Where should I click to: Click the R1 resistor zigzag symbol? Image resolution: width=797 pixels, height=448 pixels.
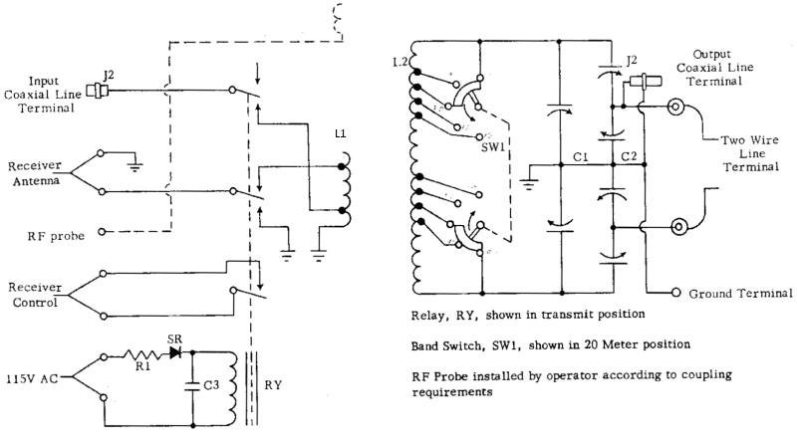point(142,354)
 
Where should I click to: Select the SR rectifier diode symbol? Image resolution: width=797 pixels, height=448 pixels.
point(176,351)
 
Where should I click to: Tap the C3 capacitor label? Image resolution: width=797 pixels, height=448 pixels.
point(211,385)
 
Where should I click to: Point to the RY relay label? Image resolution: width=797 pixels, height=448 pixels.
point(273,385)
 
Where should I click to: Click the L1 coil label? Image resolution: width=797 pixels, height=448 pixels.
point(340,133)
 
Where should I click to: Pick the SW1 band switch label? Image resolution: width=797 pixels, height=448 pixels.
point(493,147)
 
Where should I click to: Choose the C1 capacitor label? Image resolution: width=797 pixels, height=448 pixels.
point(581,157)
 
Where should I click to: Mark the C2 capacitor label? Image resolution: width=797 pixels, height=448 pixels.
point(629,156)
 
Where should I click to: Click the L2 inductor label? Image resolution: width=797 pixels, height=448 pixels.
point(400,62)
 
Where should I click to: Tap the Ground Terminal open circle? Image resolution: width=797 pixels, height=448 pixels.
point(676,292)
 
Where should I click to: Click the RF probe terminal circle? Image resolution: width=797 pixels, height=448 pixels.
point(102,232)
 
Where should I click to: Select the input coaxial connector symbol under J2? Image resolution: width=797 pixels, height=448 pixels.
point(97,91)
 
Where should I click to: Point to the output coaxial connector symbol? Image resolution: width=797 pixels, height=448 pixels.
point(645,81)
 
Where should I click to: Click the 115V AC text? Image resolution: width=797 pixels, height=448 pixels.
point(32,379)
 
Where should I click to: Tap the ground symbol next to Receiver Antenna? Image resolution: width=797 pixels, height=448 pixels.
point(134,166)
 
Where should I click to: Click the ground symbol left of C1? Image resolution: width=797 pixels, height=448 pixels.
point(529,184)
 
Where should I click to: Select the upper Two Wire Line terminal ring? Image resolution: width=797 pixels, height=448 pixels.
point(676,107)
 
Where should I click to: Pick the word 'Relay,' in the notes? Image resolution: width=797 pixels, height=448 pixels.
point(429,316)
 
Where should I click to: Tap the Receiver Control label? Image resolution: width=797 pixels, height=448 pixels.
point(35,295)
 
